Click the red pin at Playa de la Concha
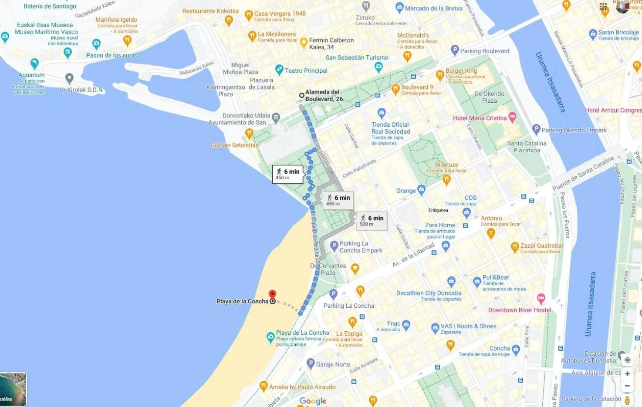point(272,295)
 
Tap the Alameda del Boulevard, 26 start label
point(324,95)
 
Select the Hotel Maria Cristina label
point(480,118)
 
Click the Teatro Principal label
point(306,71)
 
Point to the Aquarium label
point(31,75)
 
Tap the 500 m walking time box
point(372,221)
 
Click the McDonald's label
point(413,35)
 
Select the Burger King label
point(461,71)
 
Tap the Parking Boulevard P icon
point(455,50)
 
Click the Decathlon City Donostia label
point(429,293)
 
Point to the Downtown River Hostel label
point(520,310)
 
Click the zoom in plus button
point(627,373)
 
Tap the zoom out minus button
point(627,386)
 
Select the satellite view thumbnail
point(13,389)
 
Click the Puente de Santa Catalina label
point(583,173)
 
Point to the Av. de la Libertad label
point(413,255)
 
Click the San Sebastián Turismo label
point(357,57)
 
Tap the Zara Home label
point(440,225)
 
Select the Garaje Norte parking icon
point(311,363)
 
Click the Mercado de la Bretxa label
point(433,8)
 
